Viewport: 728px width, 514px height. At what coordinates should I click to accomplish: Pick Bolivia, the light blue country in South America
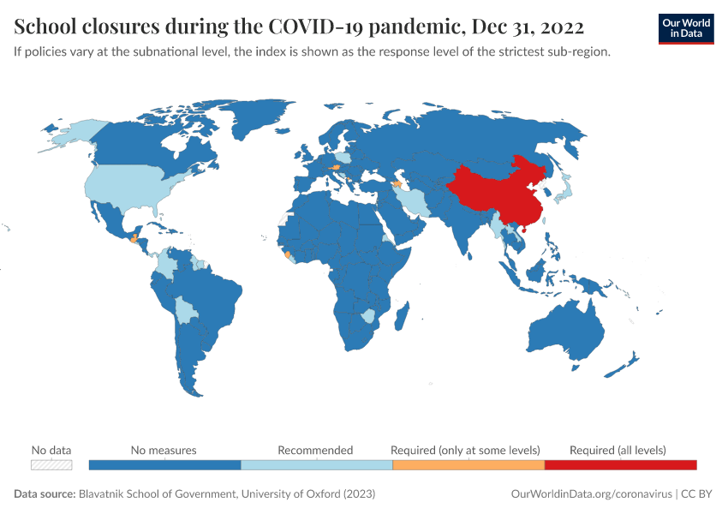click(184, 310)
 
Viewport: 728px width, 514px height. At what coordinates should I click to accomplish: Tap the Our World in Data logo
click(686, 28)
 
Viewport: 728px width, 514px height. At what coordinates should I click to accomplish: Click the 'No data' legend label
click(51, 450)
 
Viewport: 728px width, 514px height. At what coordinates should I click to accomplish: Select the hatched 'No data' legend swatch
click(51, 465)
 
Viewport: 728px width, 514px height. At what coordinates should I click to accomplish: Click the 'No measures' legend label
click(164, 450)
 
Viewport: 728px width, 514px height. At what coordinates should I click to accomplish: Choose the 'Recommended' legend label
click(315, 450)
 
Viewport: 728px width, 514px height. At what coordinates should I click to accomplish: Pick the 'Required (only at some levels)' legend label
click(465, 450)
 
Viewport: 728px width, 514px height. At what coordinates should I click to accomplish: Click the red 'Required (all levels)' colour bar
click(620, 465)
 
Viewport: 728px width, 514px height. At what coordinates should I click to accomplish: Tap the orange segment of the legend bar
click(468, 465)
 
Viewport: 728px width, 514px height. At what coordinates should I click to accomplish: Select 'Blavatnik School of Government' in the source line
click(156, 494)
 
